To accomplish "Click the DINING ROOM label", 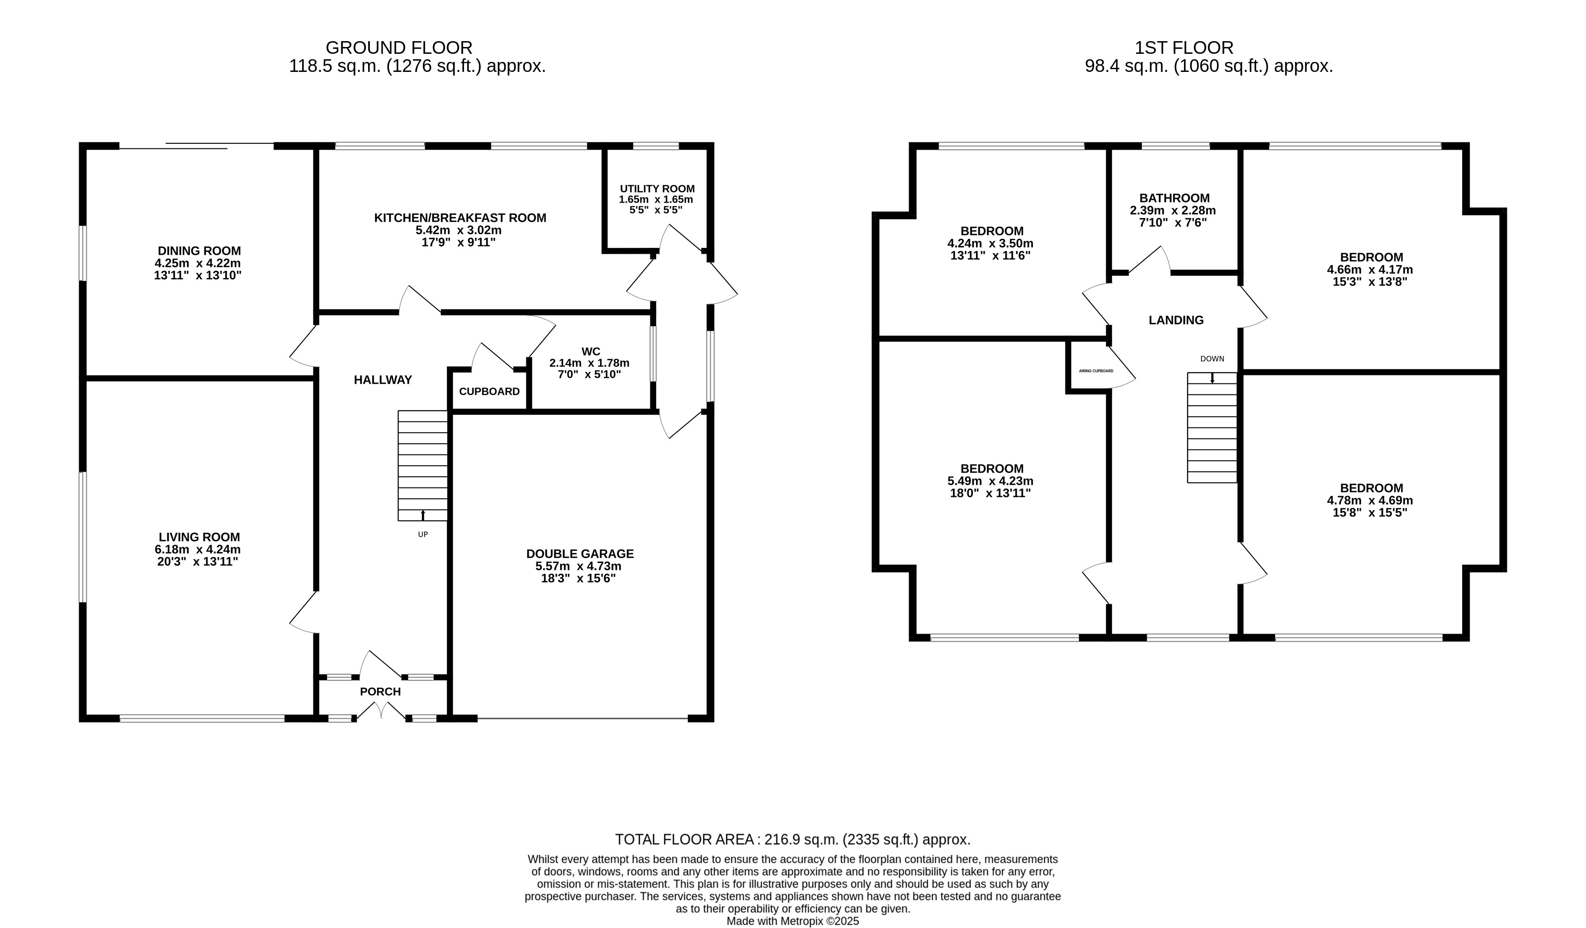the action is [199, 251].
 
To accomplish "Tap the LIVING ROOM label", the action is [199, 537].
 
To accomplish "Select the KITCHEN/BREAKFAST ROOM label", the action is [460, 218].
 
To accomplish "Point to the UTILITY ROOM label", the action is [657, 189].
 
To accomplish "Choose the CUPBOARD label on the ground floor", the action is [489, 392].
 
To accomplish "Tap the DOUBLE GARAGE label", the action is [580, 554].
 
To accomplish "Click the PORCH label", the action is [380, 692].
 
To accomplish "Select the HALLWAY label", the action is [383, 379].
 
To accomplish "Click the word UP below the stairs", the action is [423, 535].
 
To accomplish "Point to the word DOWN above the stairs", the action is [1212, 359].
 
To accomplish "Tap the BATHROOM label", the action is [1174, 199].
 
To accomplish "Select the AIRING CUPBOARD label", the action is [1096, 371].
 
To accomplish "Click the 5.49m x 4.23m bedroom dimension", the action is [990, 481].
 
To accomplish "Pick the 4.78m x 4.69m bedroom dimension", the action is [1370, 501].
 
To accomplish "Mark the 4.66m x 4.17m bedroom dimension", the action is [1370, 270].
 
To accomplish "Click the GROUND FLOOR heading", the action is [399, 48].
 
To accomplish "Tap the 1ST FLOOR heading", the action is [1184, 48].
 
